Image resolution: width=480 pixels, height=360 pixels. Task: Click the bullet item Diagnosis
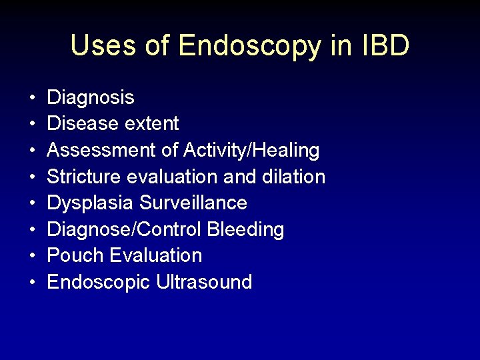click(x=91, y=98)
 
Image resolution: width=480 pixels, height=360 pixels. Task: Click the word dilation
click(x=293, y=177)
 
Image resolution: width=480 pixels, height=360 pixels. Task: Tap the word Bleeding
click(x=245, y=230)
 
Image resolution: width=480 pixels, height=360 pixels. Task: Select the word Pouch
click(x=75, y=255)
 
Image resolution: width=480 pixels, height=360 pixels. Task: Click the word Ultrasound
click(x=204, y=282)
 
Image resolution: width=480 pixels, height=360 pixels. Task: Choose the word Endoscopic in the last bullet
click(x=99, y=282)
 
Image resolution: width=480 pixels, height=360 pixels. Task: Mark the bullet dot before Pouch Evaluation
click(x=32, y=256)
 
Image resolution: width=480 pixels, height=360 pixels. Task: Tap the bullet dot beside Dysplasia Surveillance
click(x=32, y=203)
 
